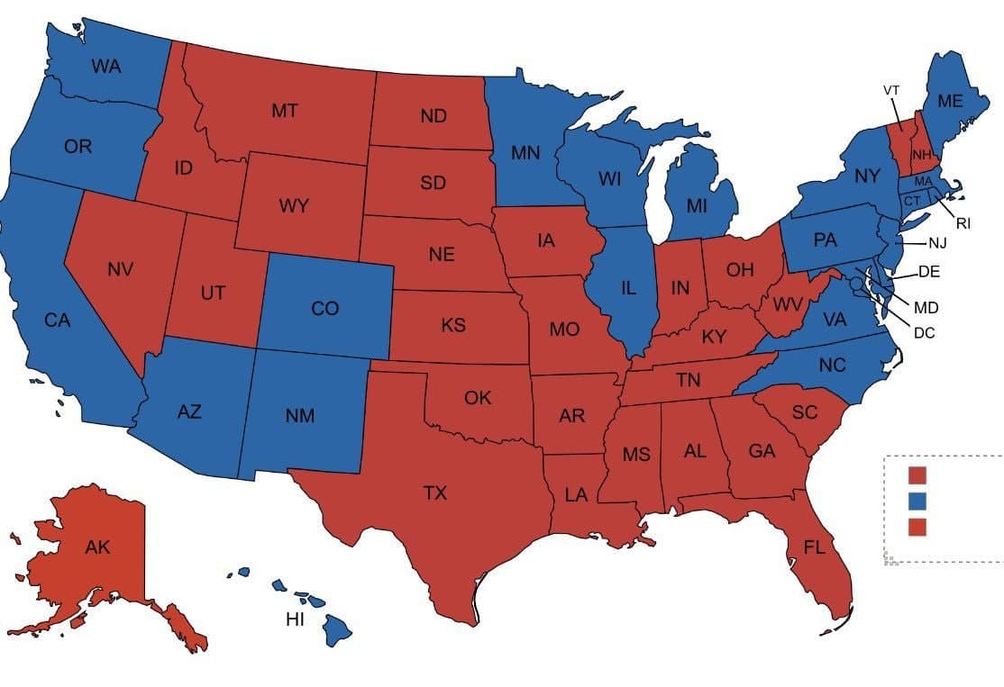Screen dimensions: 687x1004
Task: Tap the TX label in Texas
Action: tap(435, 493)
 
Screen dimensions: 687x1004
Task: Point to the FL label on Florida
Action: tap(814, 547)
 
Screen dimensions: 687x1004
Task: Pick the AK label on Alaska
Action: tap(97, 547)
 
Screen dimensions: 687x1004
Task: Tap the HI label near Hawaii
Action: tap(295, 619)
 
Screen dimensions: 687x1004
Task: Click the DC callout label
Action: tap(924, 333)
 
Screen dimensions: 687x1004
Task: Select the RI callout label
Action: tap(963, 223)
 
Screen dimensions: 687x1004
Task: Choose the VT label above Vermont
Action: tap(890, 90)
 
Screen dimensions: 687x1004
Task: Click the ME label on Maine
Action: tap(949, 102)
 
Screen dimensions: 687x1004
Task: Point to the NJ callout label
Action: tap(938, 242)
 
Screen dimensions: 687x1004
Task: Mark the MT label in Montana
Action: tap(285, 111)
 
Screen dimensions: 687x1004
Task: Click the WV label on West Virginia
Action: tap(787, 303)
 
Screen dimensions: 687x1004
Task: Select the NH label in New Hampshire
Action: tap(920, 155)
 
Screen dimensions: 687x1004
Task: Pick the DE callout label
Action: tap(929, 271)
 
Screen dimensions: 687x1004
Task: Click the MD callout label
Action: tap(926, 307)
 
